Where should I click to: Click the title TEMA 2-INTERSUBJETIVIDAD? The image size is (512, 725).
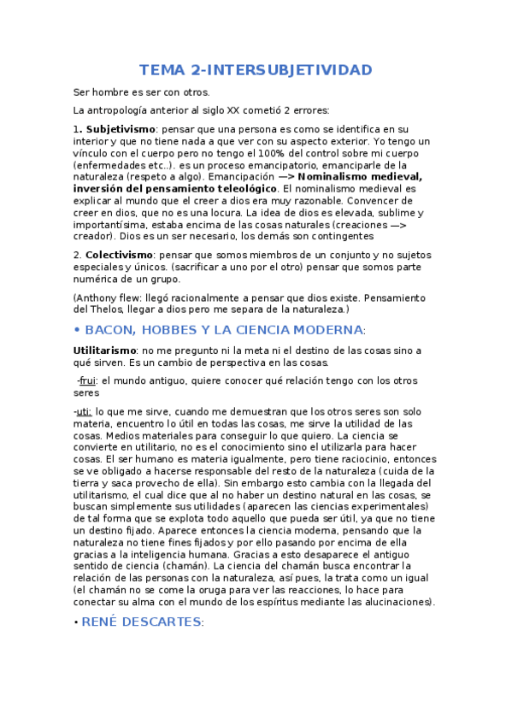256,69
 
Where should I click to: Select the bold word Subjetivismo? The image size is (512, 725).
120,128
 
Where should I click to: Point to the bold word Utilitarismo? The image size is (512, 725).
105,351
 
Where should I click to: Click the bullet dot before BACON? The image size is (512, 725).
77,330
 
